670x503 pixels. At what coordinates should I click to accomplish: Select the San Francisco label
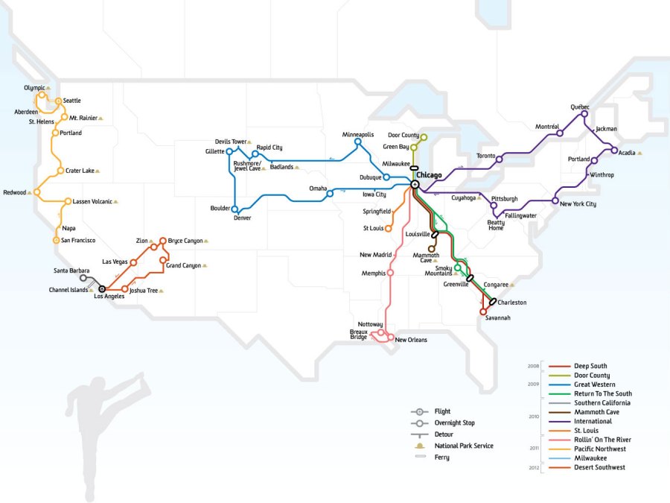pos(77,240)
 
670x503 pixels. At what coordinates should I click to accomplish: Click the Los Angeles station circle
pos(102,288)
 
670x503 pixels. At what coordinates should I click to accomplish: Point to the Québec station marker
pos(584,114)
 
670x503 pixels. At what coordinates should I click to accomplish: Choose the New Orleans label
pos(411,340)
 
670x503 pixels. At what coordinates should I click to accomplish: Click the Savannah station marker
pos(483,311)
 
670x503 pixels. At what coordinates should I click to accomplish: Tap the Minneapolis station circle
pos(358,142)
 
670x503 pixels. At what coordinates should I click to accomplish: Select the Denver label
pos(242,218)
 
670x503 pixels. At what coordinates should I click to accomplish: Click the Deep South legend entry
pos(590,366)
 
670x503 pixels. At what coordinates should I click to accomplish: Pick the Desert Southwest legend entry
pos(599,467)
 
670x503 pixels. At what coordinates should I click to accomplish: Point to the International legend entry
pos(593,421)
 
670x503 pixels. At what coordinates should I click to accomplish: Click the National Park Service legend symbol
pos(418,446)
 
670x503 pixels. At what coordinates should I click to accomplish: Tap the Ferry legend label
pos(441,458)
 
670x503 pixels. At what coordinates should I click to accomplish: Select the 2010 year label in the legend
pos(533,417)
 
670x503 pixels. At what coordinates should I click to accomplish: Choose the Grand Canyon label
pos(182,265)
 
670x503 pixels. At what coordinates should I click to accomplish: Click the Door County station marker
pos(424,137)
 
